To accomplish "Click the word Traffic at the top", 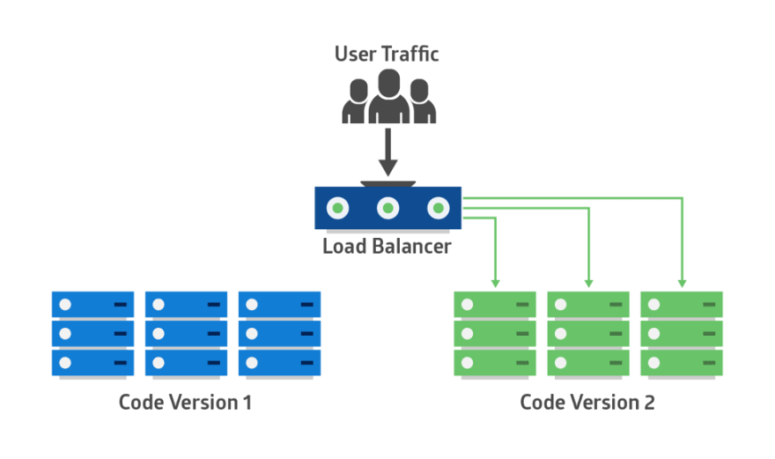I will click(x=410, y=55).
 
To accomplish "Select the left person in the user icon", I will click(x=356, y=103).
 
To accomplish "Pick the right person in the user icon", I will click(x=422, y=103).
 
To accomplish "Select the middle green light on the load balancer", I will click(x=388, y=209).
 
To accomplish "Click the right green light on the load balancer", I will click(x=438, y=209).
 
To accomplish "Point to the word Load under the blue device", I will click(x=342, y=246).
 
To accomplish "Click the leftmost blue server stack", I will click(x=92, y=334).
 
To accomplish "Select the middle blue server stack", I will click(x=186, y=334).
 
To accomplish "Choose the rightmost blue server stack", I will click(x=279, y=334).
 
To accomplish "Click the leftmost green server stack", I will click(x=495, y=334).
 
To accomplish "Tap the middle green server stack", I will click(x=588, y=334).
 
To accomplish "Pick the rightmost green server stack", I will click(x=682, y=334).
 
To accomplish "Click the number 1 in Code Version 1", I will click(x=247, y=403).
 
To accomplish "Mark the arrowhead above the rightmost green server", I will click(x=682, y=282).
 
